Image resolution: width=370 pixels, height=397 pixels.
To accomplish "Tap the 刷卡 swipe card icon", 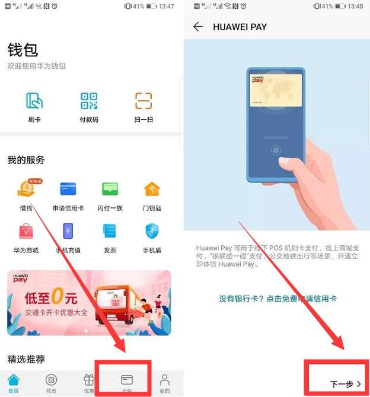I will pos(34,101).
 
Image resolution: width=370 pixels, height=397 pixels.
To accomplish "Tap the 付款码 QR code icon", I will pos(89,101).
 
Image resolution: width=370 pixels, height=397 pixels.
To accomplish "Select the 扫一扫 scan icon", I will pos(143,101).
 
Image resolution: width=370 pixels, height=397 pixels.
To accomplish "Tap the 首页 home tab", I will pos(13,383).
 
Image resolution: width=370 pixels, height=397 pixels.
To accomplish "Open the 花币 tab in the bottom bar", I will pos(51,383).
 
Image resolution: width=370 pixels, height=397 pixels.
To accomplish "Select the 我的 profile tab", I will pos(165,383).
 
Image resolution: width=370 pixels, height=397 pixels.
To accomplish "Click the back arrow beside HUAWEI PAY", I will pos(198,27).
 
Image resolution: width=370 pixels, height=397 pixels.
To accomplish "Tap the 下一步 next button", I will pos(346,384).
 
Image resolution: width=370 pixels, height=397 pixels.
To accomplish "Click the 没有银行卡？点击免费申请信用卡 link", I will pos(277,299).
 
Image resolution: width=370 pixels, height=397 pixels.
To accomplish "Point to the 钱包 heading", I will pos(23,49).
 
